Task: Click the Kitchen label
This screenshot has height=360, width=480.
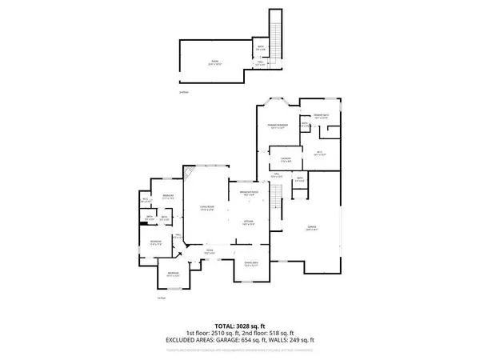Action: coord(249,225)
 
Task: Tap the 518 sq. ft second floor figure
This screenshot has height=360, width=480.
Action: coord(284,333)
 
